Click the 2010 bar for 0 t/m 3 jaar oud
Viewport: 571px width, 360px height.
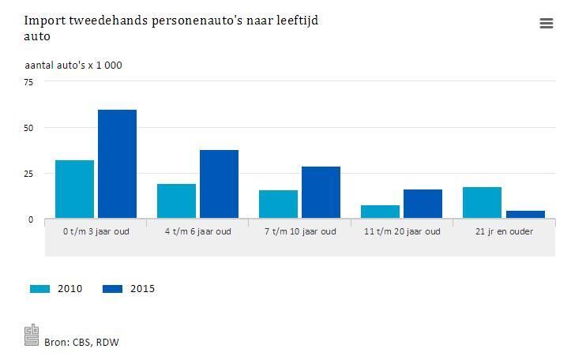[x=74, y=189]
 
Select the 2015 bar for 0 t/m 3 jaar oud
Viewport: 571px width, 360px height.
[x=117, y=164]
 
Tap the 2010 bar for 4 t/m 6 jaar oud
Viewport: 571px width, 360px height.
[x=176, y=201]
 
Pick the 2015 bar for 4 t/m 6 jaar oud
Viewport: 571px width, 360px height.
[x=219, y=184]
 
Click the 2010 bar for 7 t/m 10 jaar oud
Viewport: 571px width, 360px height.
[x=278, y=204]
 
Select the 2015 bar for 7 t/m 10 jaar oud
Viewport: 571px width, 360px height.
[x=321, y=193]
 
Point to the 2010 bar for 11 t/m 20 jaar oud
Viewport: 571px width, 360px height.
[x=380, y=212]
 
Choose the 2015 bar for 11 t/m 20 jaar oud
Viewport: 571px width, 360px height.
[x=423, y=204]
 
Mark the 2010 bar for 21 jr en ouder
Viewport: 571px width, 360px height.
[x=482, y=203]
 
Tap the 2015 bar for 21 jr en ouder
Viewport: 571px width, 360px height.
[x=525, y=215]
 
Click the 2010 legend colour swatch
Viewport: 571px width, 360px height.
[x=39, y=289]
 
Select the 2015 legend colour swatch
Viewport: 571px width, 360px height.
[x=112, y=289]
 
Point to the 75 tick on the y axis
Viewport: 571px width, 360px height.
[x=28, y=82]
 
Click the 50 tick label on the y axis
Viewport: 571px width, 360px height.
[x=28, y=128]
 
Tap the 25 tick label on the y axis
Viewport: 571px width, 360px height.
[x=28, y=174]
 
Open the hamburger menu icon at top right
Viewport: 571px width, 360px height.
[x=546, y=24]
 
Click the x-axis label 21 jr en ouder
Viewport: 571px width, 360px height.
[x=504, y=232]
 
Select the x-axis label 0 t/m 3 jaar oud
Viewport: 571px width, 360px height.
[x=96, y=232]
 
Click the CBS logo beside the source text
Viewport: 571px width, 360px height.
[x=32, y=335]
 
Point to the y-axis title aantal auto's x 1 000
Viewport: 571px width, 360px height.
[x=73, y=65]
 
